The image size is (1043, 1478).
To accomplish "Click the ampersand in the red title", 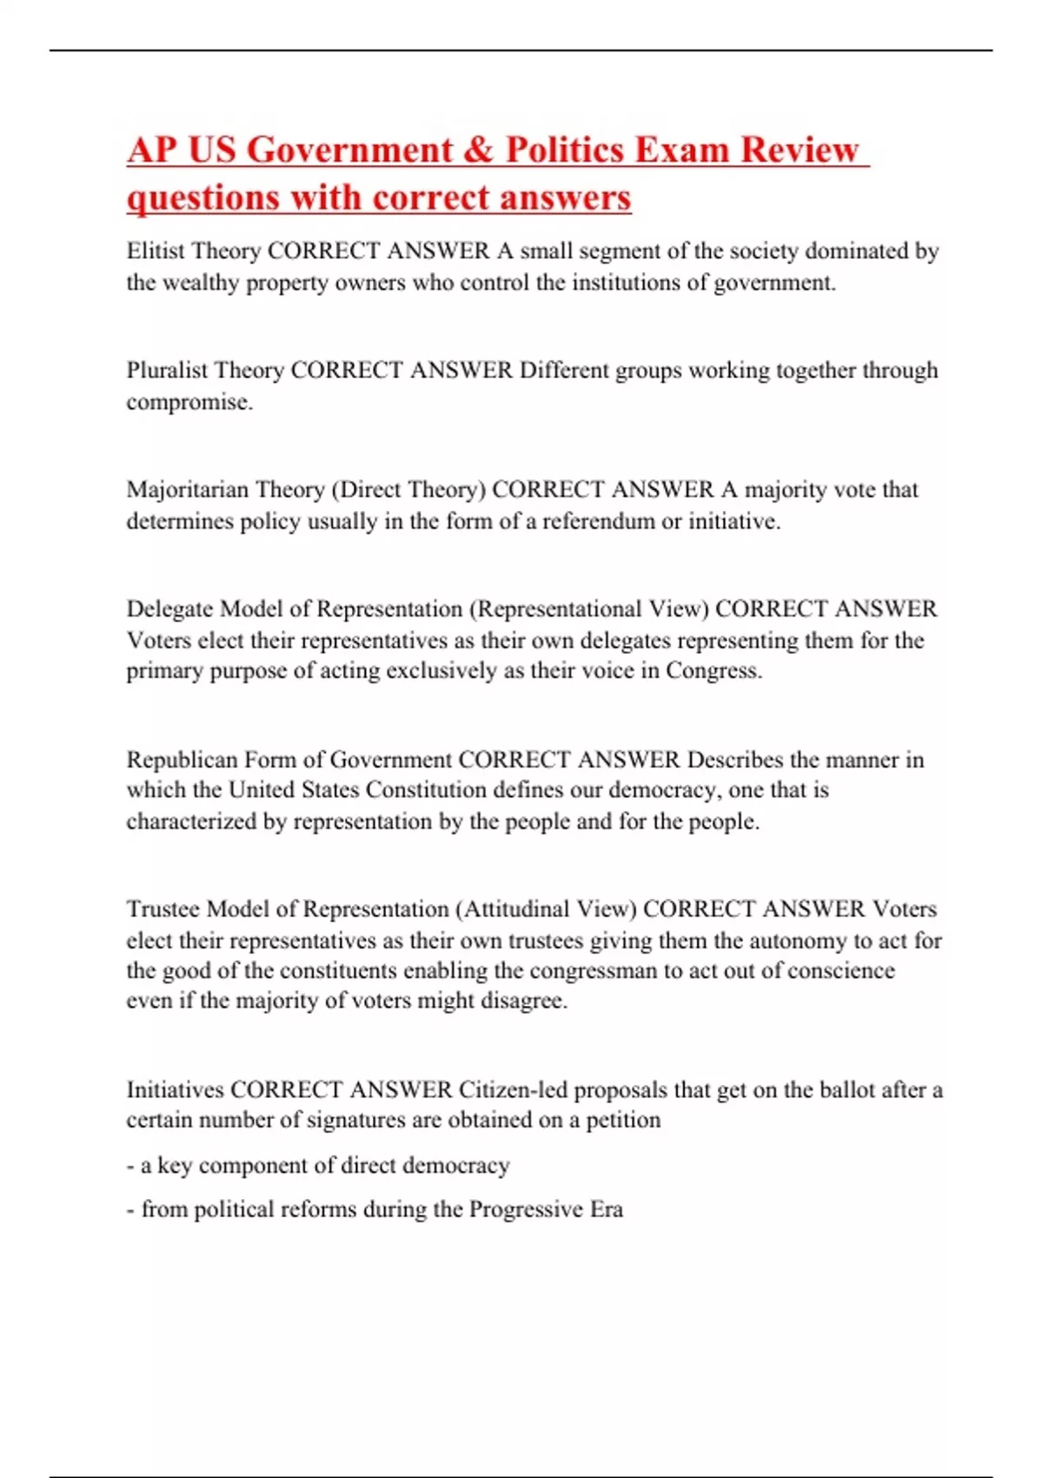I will [x=477, y=150].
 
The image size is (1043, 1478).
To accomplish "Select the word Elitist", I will [x=156, y=250].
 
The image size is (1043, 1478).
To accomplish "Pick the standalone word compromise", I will [x=189, y=402].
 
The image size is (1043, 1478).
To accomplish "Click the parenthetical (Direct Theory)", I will [x=408, y=489].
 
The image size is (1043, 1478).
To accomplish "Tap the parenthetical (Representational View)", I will [x=589, y=609].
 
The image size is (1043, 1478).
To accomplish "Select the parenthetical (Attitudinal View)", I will [x=545, y=909].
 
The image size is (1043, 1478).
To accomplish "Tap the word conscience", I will [x=840, y=970].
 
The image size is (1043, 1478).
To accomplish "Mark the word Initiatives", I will [x=175, y=1089].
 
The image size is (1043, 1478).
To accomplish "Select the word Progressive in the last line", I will [x=526, y=1209].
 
